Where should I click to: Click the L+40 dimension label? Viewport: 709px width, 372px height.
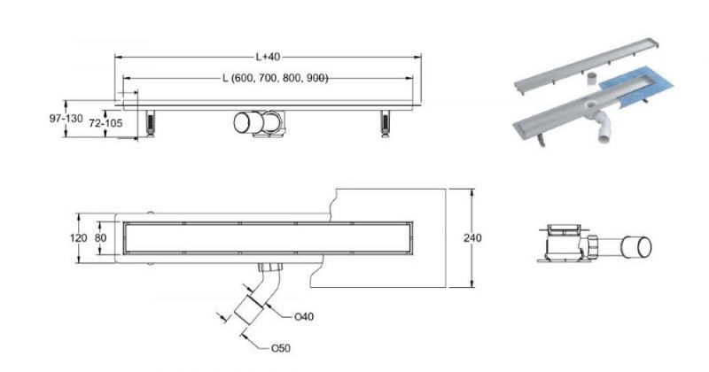tap(269, 57)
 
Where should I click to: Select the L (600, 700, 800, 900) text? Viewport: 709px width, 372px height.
tap(275, 78)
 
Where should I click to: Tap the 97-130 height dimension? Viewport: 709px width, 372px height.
tap(66, 119)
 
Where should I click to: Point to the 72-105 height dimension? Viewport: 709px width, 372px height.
tap(105, 123)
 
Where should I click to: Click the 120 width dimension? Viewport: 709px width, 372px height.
tap(78, 237)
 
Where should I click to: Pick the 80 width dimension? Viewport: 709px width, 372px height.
tap(100, 237)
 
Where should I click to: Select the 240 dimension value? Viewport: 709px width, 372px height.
tap(472, 237)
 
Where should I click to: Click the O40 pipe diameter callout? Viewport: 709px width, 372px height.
tap(304, 317)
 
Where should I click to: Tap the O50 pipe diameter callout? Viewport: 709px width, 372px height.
tap(280, 348)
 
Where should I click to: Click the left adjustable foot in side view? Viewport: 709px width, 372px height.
tap(151, 122)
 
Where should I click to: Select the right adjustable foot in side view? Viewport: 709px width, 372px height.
tap(386, 123)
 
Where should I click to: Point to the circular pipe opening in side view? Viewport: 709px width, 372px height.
tap(245, 122)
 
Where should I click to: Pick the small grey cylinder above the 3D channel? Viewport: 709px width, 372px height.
tap(592, 80)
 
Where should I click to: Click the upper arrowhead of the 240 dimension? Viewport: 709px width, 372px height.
tap(472, 192)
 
